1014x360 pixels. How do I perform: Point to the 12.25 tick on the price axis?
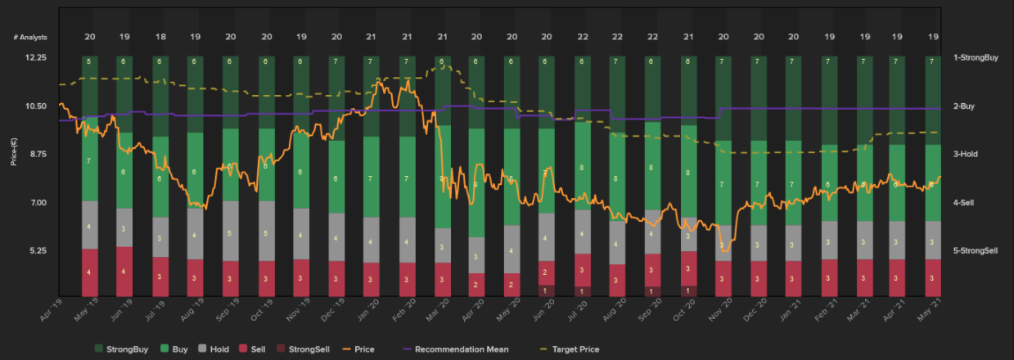tap(37, 57)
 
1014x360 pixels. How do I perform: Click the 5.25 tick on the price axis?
tap(37, 250)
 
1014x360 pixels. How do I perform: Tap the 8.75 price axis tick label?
tap(37, 154)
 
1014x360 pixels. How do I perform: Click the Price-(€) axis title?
tap(14, 154)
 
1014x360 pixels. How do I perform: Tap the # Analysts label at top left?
tap(31, 37)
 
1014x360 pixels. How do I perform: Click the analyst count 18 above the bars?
tap(161, 37)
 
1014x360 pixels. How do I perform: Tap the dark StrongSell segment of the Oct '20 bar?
tap(689, 290)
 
